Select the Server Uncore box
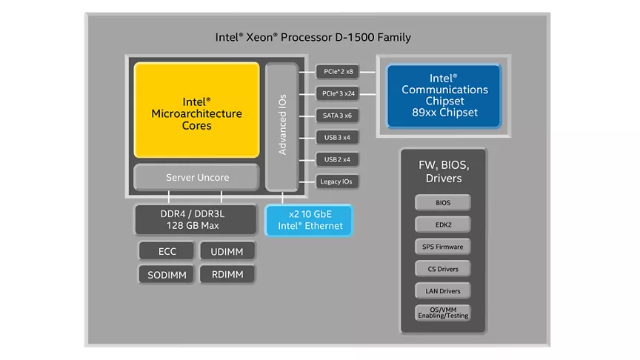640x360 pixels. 196,178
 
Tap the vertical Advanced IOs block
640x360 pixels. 281,126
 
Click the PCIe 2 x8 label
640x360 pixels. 338,72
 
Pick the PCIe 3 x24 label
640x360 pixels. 338,93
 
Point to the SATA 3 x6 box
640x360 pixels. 338,116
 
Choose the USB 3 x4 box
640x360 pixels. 338,137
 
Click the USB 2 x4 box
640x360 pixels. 338,159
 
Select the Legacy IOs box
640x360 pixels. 338,181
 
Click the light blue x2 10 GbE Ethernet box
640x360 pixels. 310,220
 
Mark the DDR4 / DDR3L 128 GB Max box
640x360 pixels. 196,220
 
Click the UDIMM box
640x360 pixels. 227,251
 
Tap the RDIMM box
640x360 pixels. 227,274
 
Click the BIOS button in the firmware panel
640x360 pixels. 443,202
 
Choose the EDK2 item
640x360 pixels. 443,224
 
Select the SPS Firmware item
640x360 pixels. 443,247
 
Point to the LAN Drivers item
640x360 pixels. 443,291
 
